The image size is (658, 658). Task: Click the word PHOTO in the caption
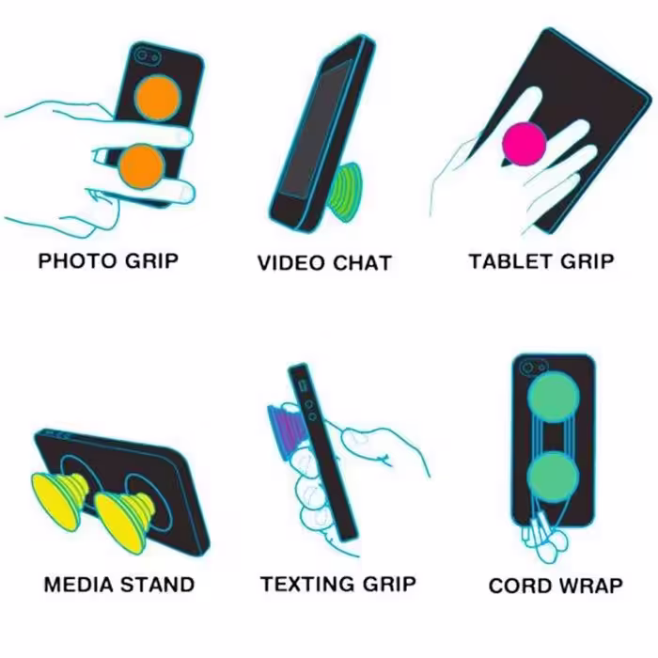[x=77, y=260]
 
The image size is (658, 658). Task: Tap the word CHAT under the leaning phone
[x=362, y=263]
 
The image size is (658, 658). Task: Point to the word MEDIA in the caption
[x=78, y=585]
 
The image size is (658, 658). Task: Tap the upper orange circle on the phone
[x=158, y=98]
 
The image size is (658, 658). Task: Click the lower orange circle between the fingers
[x=141, y=166]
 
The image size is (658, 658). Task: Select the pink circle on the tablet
[x=525, y=144]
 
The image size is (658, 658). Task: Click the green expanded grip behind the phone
[x=345, y=193]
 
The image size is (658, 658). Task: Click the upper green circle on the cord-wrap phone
[x=554, y=397]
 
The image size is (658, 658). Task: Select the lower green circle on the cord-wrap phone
[x=553, y=477]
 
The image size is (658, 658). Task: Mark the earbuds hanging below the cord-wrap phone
[x=544, y=540]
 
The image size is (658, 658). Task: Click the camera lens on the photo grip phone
[x=142, y=55]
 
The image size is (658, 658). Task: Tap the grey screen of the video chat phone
[x=315, y=131]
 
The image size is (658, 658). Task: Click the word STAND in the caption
[x=157, y=585]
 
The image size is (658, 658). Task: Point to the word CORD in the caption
[x=521, y=586]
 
